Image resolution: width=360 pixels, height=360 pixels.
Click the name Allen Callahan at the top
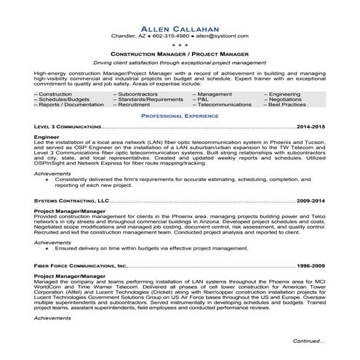click(x=180, y=25)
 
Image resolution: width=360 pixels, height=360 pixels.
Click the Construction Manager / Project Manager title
click(x=180, y=54)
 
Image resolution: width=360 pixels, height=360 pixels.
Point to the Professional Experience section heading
click(x=180, y=116)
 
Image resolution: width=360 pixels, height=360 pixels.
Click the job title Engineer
click(x=47, y=136)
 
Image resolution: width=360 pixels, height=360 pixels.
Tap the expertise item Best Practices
click(x=287, y=105)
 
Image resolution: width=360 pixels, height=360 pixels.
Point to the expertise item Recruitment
click(x=134, y=105)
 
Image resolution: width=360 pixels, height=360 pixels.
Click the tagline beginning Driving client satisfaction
click(x=180, y=63)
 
